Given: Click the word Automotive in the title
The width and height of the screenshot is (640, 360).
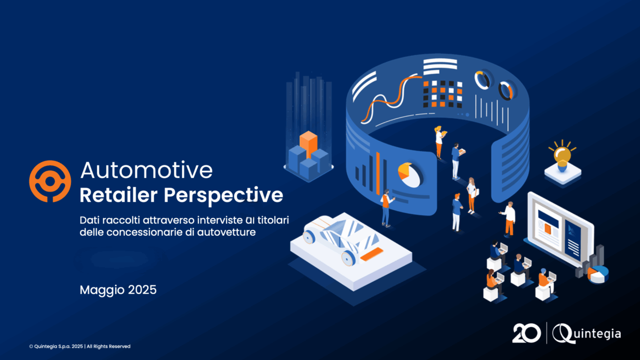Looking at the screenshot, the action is pos(147,170).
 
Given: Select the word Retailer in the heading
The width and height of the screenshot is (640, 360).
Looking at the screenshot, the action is pos(118,195).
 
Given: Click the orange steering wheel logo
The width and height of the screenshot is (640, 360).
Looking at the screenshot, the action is pos(50,181).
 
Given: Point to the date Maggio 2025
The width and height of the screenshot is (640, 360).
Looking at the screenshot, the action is pos(118,290).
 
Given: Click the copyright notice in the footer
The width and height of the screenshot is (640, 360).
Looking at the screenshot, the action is pos(79,346).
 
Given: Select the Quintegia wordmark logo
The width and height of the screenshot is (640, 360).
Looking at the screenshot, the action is pos(586,333).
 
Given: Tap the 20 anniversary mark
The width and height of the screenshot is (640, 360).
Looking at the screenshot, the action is pos(526,333).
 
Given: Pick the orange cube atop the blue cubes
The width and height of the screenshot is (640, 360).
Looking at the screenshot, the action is pos(309,143).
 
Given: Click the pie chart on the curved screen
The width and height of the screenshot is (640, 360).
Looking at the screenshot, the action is pos(409,175).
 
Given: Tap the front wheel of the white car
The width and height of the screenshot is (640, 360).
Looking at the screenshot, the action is pos(348,258).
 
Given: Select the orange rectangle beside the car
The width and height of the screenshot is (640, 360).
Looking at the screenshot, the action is pos(371,254).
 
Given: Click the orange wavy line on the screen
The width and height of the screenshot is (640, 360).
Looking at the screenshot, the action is pos(391,97).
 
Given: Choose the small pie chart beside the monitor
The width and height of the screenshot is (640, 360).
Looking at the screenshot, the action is pos(598,275).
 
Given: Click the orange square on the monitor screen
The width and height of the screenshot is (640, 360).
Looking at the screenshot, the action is pos(547,229).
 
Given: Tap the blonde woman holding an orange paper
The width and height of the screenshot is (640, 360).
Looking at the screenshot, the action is pos(439,142).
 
